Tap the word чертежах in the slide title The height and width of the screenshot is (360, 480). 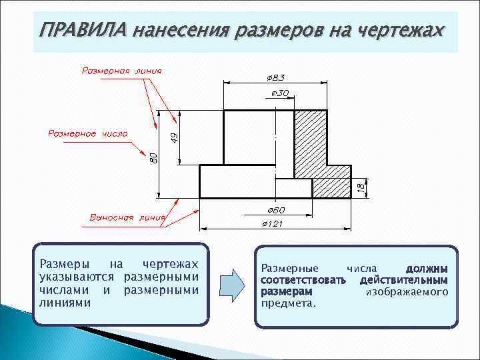click(x=399, y=31)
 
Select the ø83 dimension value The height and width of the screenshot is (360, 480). click(x=275, y=77)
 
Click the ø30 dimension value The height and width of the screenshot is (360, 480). click(x=280, y=93)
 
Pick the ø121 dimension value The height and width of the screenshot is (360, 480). click(x=272, y=223)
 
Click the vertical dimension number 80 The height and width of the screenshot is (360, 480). click(x=153, y=157)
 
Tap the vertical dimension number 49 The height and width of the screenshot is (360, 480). click(x=174, y=137)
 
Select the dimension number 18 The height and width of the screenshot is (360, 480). click(x=361, y=188)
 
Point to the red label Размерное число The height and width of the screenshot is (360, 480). click(x=87, y=133)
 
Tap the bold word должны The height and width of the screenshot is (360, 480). click(x=427, y=268)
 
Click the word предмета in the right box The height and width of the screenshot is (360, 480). click(x=289, y=303)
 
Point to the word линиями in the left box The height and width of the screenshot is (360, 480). click(x=65, y=302)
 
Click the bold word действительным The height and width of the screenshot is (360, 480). click(x=403, y=280)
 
